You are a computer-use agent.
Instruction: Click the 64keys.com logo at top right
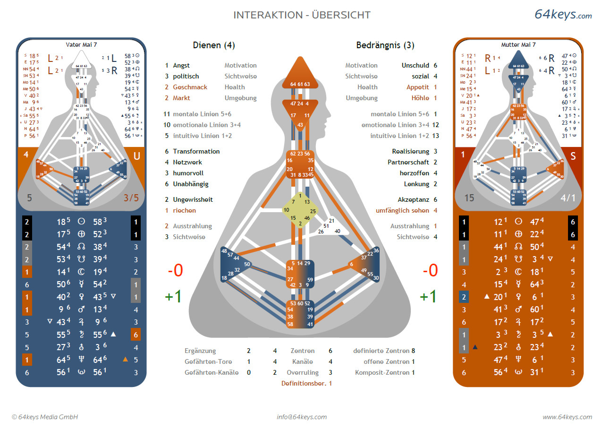(x=563, y=14)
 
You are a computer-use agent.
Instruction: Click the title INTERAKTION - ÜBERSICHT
(x=302, y=15)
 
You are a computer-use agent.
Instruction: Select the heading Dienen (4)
(x=213, y=45)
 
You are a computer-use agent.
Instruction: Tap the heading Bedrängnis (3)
(x=385, y=45)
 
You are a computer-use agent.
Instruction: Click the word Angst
(x=181, y=65)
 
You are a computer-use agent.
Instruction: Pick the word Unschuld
(x=415, y=65)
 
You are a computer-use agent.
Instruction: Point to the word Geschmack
(x=190, y=87)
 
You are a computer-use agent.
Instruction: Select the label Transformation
(x=196, y=151)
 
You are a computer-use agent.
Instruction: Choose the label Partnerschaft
(x=410, y=162)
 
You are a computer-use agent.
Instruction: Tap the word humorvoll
(x=188, y=173)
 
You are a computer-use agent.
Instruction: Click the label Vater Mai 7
(x=81, y=45)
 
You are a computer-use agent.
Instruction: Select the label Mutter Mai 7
(x=518, y=45)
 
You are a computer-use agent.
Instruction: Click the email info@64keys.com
(x=302, y=417)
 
